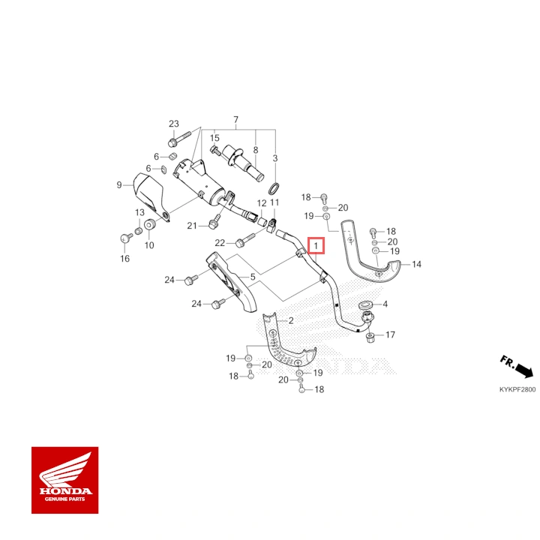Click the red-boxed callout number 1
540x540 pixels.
pos(316,246)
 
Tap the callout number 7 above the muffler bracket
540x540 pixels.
pos(236,119)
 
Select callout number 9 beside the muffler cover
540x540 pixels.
pos(119,185)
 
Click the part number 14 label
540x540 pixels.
pos(416,264)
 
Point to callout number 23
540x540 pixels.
pos(174,123)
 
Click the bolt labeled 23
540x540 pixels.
pos(179,138)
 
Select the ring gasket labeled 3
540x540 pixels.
pos(274,188)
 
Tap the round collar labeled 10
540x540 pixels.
pos(150,224)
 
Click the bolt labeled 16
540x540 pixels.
pos(127,237)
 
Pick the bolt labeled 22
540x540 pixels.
pos(245,239)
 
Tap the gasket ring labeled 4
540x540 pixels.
pos(365,305)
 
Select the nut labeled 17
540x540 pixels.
pos(370,337)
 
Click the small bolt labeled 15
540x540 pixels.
pos(214,151)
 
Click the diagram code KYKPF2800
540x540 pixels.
pos(517,389)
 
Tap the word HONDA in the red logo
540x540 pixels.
pos(65,490)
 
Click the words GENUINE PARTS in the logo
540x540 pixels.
pos(64,499)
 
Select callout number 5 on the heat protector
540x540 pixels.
pos(253,277)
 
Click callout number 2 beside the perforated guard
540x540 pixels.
pos(291,321)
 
